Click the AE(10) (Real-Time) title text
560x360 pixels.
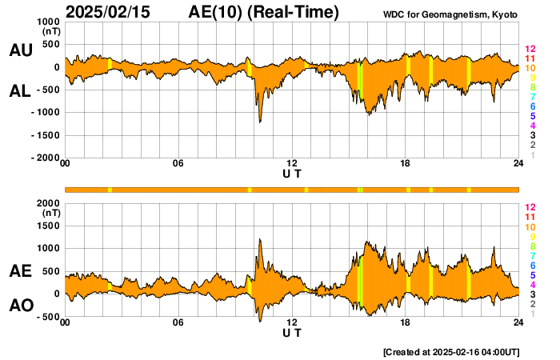(x=264, y=12)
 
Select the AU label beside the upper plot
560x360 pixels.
(x=21, y=50)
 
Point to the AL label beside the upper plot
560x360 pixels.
(x=21, y=91)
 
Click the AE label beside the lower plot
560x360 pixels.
(x=21, y=272)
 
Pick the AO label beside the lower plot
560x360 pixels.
(x=21, y=306)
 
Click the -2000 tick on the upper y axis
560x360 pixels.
(x=44, y=158)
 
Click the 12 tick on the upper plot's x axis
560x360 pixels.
(x=292, y=164)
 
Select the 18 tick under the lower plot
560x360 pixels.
(x=406, y=323)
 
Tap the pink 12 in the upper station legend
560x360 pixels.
(x=529, y=50)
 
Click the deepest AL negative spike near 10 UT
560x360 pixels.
(x=260, y=122)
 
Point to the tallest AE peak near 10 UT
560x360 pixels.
(x=260, y=238)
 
